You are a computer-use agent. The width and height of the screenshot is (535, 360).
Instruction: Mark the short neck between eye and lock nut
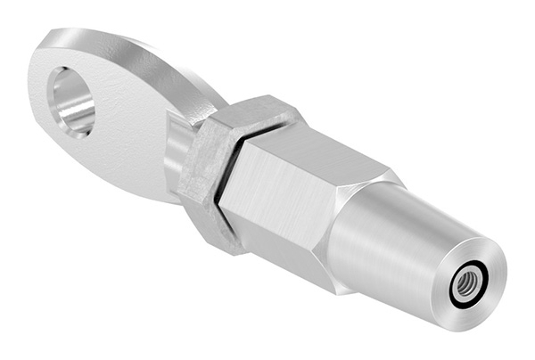[x=176, y=151]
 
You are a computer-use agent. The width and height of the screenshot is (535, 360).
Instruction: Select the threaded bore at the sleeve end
[x=465, y=286]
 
